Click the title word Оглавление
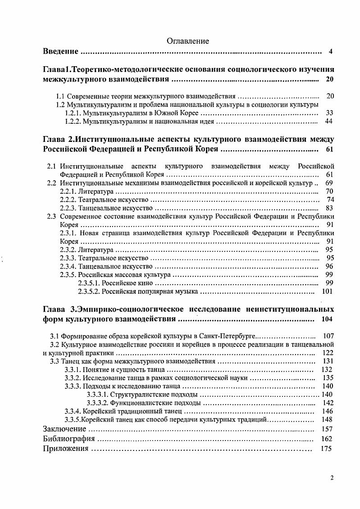(188, 41)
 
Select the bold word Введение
(61, 51)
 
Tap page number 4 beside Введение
(330, 51)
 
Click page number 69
(329, 183)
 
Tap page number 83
(329, 208)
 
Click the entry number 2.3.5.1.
(89, 283)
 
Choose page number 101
(327, 291)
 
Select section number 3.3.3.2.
(100, 403)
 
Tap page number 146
(327, 411)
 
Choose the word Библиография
(69, 438)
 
